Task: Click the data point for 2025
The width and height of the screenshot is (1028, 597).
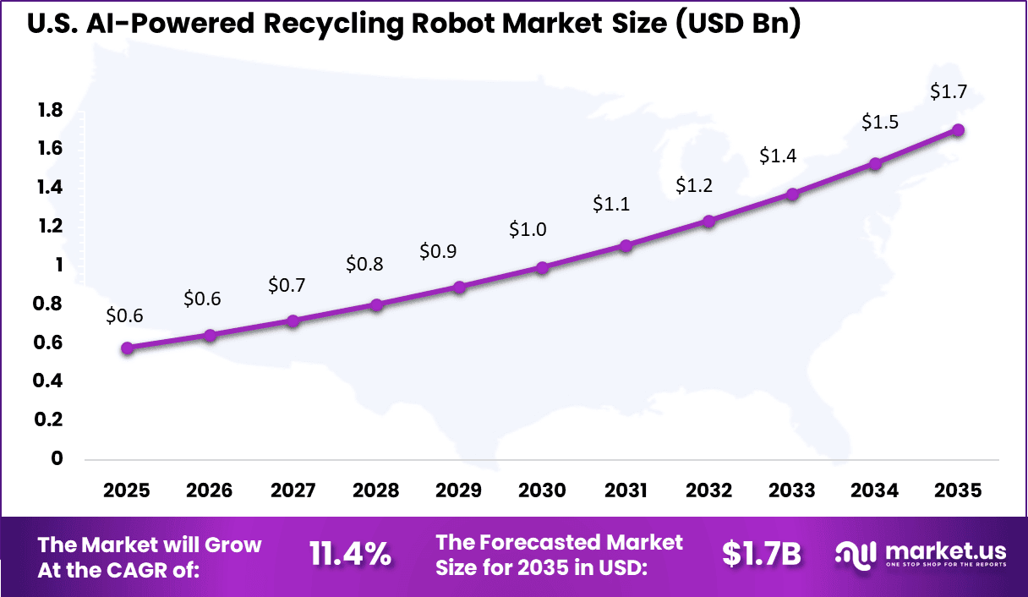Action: [x=127, y=348]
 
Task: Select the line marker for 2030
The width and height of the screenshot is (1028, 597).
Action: [x=542, y=267]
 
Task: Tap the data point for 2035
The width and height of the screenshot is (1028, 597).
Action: [x=958, y=130]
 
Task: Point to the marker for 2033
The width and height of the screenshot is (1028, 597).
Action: [x=792, y=194]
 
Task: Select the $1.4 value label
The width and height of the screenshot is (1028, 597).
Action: [x=777, y=156]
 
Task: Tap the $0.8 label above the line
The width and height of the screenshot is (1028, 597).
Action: [x=364, y=264]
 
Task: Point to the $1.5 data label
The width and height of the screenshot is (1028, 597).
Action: [x=879, y=122]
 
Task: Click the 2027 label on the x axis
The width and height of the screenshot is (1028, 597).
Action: [x=293, y=490]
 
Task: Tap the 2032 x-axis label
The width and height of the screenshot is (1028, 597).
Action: [x=708, y=490]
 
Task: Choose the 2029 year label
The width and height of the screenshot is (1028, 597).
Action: [x=459, y=490]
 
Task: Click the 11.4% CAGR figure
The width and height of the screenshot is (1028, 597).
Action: [x=349, y=555]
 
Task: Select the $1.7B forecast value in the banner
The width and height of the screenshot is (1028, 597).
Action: [x=761, y=554]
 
